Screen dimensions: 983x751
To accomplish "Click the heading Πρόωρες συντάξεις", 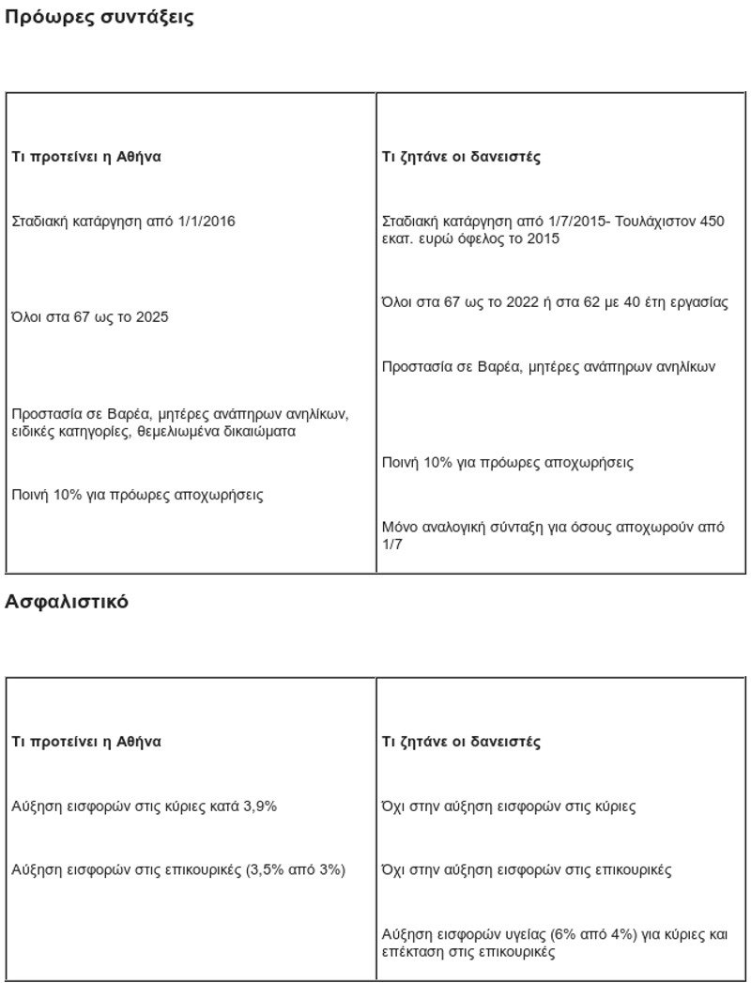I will point(100,18).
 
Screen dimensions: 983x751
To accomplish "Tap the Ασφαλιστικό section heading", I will point(67,602).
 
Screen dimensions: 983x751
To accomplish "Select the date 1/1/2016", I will point(206,222).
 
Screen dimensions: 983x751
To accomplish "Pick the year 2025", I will point(152,317).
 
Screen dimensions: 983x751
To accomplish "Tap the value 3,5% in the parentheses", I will point(264,870).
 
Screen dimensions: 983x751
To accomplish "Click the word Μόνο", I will point(400,528).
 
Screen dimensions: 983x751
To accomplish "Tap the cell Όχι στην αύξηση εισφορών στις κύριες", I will point(509,806).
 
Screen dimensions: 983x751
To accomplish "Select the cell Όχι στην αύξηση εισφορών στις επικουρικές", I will point(527,870).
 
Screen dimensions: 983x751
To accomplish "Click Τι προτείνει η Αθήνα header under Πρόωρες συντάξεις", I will point(86,158).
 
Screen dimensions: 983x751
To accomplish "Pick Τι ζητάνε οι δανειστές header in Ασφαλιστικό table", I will point(461,742).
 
